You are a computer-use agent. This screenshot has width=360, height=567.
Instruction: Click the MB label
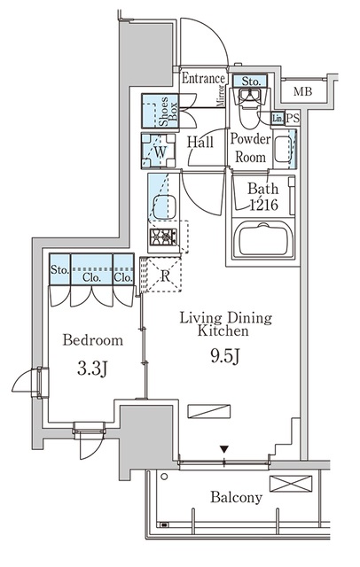tap(302, 92)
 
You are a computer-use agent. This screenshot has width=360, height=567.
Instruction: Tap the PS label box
tap(293, 118)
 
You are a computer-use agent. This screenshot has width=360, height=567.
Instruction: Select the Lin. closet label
tap(278, 118)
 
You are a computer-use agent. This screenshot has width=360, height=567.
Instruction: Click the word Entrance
tap(203, 79)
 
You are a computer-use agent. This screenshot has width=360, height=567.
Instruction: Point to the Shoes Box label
tap(168, 111)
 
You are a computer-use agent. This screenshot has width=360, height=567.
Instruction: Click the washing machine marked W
tap(159, 151)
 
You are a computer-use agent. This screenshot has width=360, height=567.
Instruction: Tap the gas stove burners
tap(163, 237)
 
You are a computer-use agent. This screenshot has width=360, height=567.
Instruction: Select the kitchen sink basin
tap(165, 207)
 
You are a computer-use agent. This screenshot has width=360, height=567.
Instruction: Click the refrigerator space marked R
tap(165, 275)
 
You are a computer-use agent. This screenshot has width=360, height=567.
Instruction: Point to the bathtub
tap(263, 240)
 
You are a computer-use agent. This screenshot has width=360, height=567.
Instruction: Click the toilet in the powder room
tap(249, 107)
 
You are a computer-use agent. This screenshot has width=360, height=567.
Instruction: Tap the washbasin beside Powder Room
tap(283, 150)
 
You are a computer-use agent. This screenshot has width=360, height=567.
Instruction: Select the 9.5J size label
tap(224, 357)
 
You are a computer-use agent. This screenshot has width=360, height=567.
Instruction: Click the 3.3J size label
tap(92, 369)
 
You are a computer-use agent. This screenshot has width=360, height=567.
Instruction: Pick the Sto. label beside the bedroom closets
tap(59, 269)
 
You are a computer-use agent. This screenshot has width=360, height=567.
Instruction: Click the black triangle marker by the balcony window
tap(224, 449)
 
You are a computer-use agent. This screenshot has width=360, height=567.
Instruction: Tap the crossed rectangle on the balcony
tap(291, 484)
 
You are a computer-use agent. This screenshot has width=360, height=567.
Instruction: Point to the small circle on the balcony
tap(164, 477)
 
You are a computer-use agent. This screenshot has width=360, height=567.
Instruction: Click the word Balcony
tap(236, 498)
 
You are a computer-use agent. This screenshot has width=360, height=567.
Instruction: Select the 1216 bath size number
tap(264, 205)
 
